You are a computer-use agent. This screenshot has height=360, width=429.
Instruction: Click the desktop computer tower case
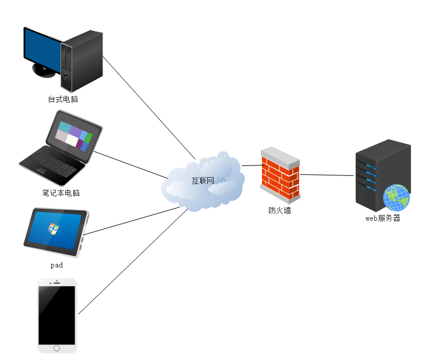pos(83,61)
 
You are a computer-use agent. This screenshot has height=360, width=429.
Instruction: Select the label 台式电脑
pos(63,99)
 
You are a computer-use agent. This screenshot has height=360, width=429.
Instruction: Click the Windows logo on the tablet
pos(53,228)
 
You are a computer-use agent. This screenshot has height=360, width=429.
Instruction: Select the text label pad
pos(56,265)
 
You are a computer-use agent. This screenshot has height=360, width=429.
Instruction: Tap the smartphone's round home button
pos(56,348)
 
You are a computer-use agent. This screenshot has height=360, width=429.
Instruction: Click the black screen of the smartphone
pos(56,315)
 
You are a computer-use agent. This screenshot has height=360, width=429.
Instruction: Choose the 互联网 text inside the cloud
pos(203,181)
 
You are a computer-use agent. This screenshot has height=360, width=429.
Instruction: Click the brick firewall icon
pos(280,173)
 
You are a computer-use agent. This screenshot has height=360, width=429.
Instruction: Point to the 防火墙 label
pos(279,210)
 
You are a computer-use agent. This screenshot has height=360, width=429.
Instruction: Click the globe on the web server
pos(396,197)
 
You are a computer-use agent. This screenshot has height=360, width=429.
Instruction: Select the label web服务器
pos(382,218)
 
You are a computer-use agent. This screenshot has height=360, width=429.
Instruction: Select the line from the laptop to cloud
pos(131,165)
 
